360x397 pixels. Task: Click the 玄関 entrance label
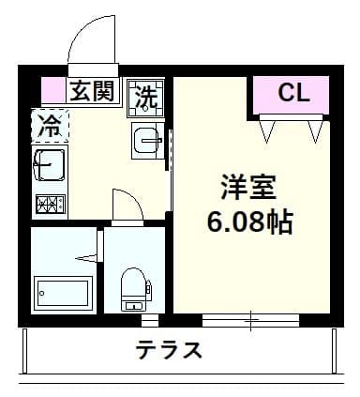pos(91,92)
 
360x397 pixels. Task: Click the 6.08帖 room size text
pos(248,222)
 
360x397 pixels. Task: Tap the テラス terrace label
pos(169,351)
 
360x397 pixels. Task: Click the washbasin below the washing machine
pos(147,140)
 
